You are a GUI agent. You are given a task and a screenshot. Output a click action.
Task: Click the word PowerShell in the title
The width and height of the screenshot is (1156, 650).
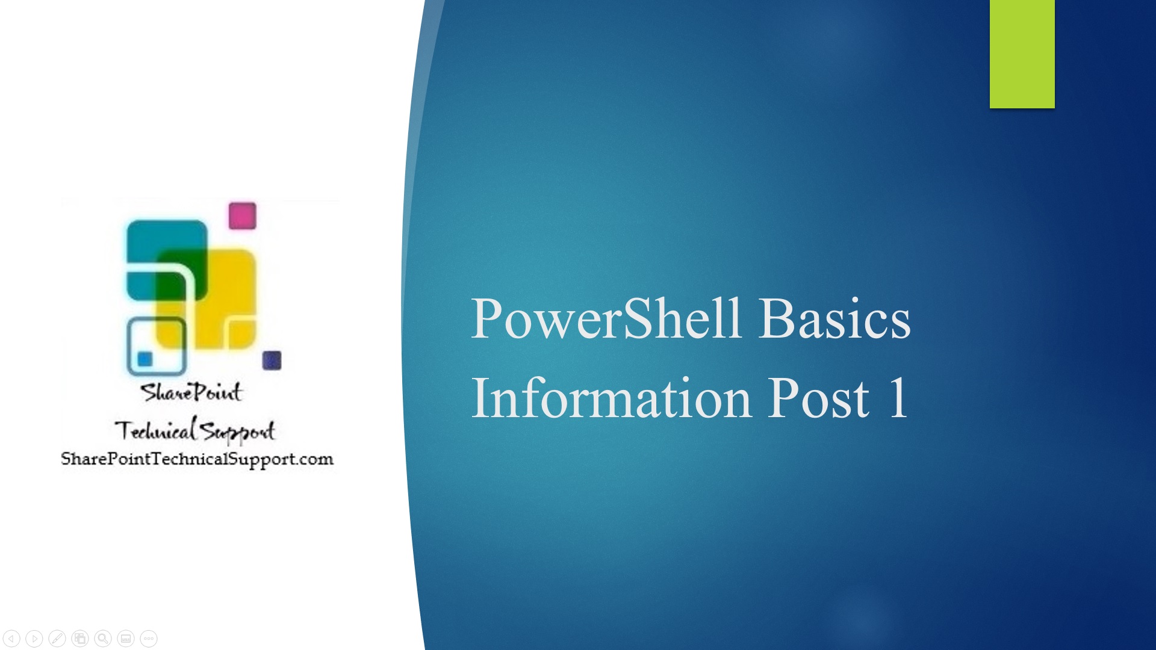click(606, 318)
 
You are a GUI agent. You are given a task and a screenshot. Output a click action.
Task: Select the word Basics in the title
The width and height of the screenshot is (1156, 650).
click(834, 318)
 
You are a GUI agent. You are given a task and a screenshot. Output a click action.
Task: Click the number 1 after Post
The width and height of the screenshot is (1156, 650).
click(898, 397)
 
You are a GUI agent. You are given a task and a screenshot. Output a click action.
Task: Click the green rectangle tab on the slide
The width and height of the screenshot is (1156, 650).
click(1022, 54)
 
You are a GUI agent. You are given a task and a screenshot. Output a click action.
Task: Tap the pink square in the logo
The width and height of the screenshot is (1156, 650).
click(243, 215)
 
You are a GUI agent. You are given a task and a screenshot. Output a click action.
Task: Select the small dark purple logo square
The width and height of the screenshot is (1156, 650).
click(272, 360)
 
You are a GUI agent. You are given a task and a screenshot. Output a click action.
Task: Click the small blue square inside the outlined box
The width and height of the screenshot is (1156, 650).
click(144, 359)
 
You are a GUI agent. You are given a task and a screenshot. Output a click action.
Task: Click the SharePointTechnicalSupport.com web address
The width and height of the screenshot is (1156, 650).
click(197, 460)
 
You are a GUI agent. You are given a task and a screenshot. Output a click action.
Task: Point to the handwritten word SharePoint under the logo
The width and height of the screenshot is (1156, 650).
click(191, 392)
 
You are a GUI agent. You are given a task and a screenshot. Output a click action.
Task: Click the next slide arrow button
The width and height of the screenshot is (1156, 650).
click(34, 638)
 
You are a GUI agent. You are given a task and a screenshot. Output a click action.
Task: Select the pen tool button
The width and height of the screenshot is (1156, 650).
click(57, 638)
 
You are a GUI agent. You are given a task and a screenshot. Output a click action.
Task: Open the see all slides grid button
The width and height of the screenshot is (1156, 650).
click(80, 638)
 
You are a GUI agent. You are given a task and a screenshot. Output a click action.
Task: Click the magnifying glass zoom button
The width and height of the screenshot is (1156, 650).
click(103, 638)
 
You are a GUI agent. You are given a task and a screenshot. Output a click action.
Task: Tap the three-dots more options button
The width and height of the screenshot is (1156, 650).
click(149, 638)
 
